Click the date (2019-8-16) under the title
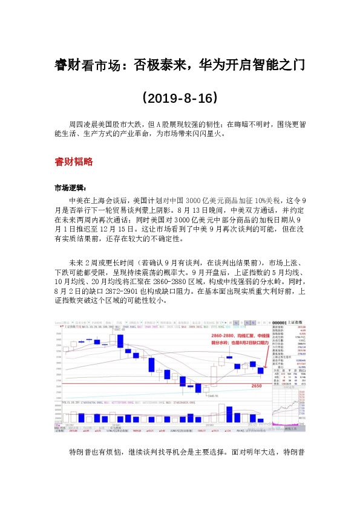pyautogui.click(x=180, y=97)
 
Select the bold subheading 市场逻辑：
pyautogui.click(x=70, y=187)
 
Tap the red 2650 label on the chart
pyautogui.click(x=256, y=385)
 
